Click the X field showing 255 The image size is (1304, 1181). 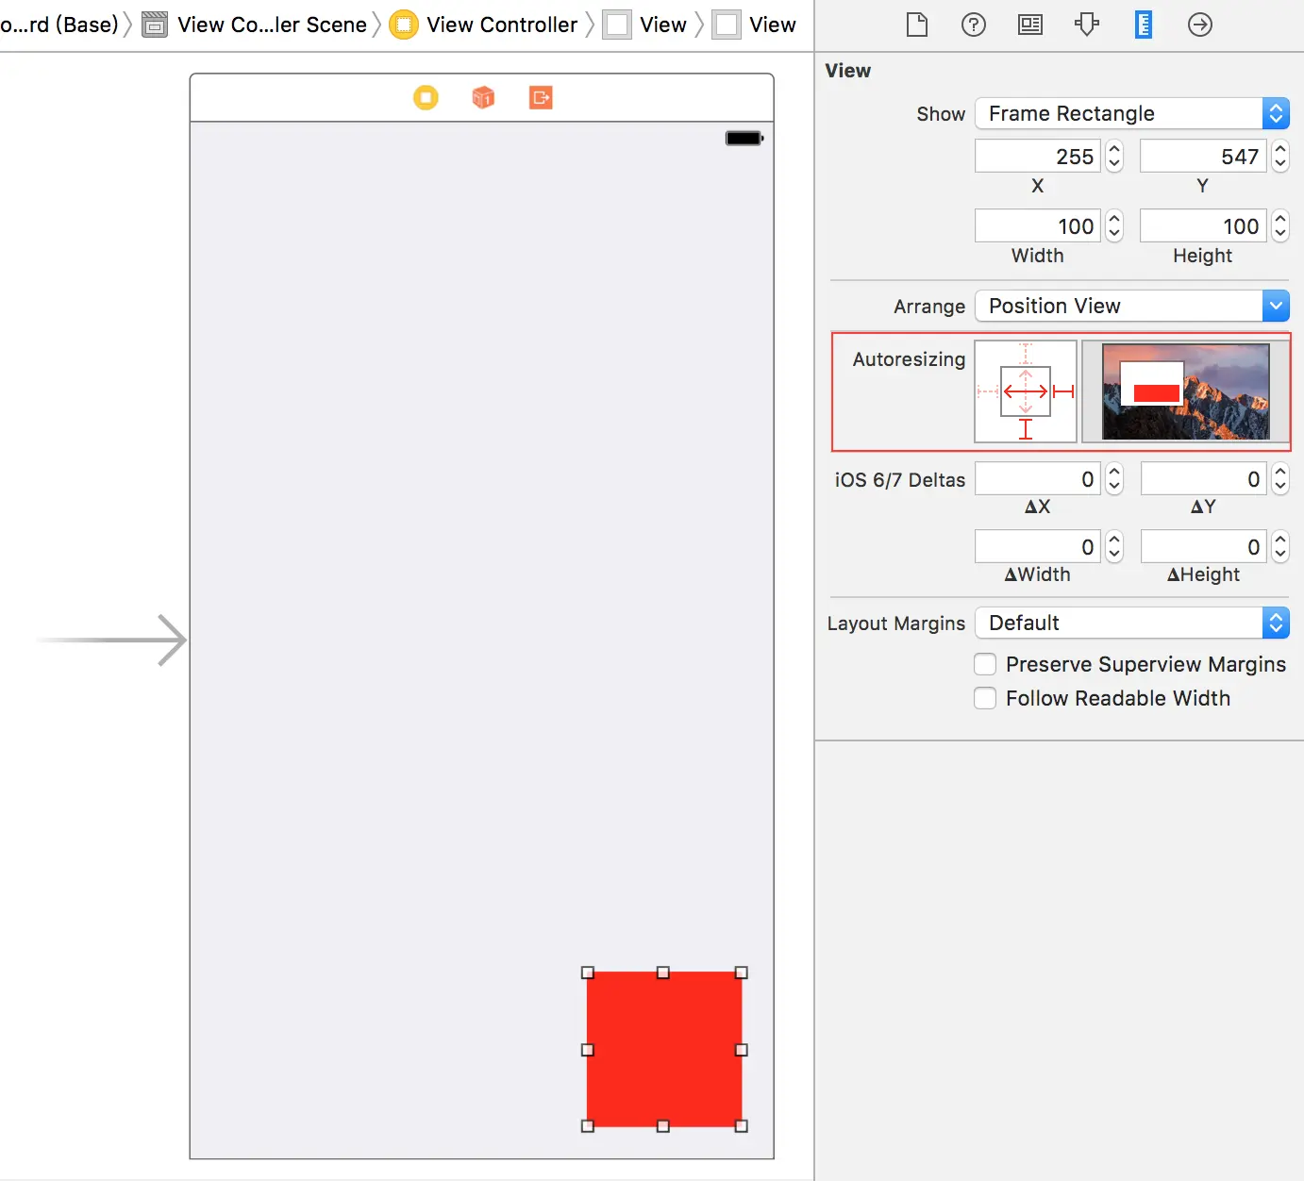1038,156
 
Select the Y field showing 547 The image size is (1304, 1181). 1203,156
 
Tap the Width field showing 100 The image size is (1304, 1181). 1038,225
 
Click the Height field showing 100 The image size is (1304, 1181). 1203,225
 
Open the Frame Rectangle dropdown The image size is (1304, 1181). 1131,114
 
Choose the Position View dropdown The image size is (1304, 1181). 1131,306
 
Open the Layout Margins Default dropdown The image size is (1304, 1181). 1131,623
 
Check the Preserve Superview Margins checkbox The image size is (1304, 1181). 985,664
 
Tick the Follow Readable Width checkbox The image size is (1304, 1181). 985,698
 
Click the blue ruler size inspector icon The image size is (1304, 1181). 1144,25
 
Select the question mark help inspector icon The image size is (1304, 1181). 973,25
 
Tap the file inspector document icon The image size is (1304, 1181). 916,25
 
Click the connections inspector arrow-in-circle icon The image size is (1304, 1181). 1199,25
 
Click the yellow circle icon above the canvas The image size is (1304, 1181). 426,97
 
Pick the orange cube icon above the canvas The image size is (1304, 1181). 483,97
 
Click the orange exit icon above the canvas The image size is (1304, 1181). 541,97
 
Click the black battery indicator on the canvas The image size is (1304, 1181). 744,138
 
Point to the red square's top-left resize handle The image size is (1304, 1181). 588,973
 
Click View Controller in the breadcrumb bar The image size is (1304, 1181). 502,25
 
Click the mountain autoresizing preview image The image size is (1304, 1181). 1185,391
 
